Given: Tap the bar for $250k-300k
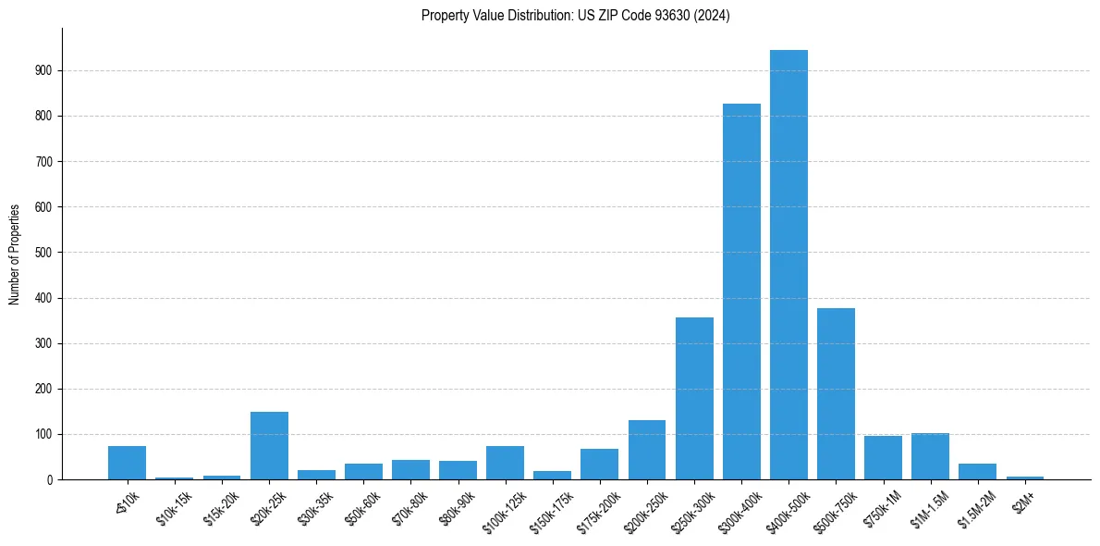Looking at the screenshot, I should click(694, 399).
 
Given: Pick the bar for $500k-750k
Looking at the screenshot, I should click(836, 394).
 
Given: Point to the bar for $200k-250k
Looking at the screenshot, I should click(647, 451).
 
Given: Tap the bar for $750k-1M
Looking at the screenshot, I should click(883, 458).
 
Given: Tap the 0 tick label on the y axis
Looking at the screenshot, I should click(50, 480).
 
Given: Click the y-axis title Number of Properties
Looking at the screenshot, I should click(15, 254).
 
